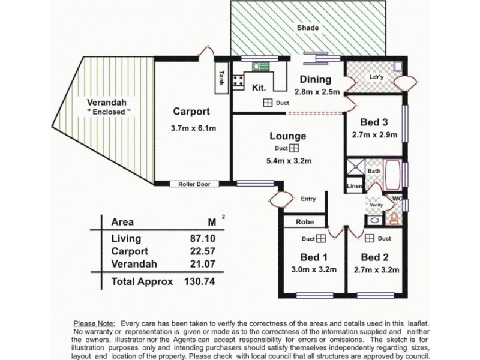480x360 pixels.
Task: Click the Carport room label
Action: click(191, 111)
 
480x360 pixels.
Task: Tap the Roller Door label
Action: click(192, 184)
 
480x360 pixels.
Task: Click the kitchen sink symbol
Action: click(260, 68)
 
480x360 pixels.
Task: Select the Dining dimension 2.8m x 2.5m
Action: click(317, 92)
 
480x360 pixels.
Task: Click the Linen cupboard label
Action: click(354, 187)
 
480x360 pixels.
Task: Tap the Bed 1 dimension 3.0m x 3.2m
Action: click(310, 269)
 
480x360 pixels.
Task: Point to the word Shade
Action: click(308, 28)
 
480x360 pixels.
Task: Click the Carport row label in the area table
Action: click(130, 251)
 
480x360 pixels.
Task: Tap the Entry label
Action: click(308, 199)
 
